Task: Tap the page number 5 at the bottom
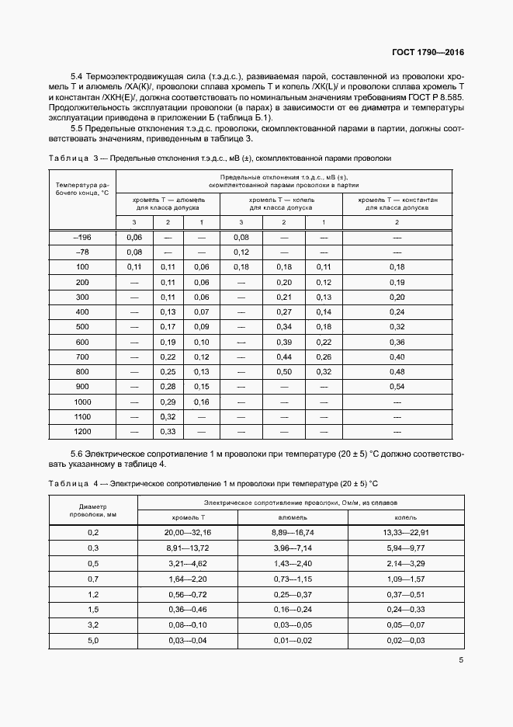(x=461, y=661)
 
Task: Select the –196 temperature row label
(x=81, y=237)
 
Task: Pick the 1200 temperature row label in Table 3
(x=81, y=430)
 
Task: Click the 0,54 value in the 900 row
(x=397, y=386)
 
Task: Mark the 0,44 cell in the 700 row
(x=283, y=357)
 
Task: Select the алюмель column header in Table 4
(x=292, y=517)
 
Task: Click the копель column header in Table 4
(x=405, y=517)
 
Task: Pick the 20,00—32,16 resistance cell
(x=188, y=532)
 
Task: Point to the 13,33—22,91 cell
(x=405, y=532)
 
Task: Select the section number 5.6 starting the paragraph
(x=79, y=453)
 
